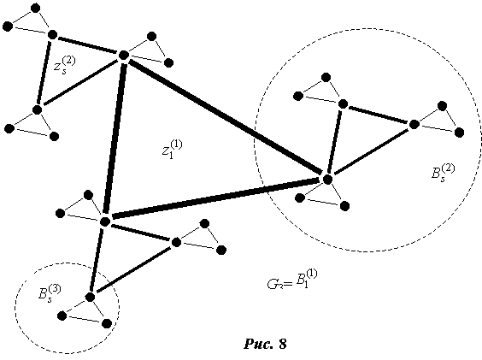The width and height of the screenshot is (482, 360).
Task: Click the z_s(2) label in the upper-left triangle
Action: (x=64, y=65)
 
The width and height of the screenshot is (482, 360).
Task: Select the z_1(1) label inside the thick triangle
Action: (x=172, y=149)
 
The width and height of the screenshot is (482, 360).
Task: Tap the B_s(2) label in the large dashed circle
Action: (x=443, y=173)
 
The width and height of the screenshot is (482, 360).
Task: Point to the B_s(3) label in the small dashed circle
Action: (x=50, y=293)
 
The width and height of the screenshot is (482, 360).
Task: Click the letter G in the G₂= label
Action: (x=273, y=284)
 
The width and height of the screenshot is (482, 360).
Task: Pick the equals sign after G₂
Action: (x=288, y=286)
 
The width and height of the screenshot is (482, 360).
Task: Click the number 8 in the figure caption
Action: (x=283, y=344)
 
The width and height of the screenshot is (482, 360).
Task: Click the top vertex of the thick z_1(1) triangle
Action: (x=124, y=56)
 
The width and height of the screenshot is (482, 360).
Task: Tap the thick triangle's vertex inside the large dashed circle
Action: (x=327, y=179)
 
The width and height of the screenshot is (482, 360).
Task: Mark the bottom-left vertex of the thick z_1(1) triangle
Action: (x=105, y=221)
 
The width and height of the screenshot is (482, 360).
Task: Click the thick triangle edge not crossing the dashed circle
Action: (x=115, y=139)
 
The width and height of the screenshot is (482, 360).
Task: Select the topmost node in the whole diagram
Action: (x=36, y=8)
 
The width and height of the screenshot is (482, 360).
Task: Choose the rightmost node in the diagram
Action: (x=459, y=133)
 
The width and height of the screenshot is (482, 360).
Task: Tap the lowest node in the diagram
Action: (x=106, y=324)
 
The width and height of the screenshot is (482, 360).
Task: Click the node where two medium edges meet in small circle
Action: (x=90, y=298)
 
